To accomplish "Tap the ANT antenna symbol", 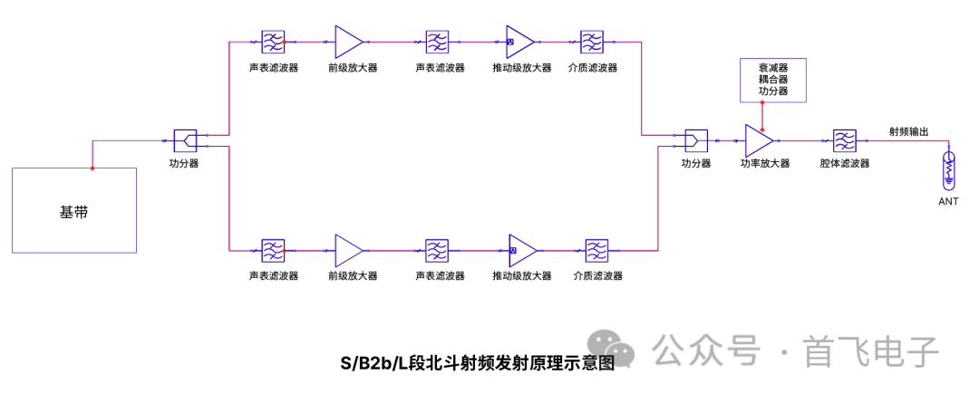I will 948,168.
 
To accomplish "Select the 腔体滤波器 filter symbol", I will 844,140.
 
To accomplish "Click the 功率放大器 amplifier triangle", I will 758,140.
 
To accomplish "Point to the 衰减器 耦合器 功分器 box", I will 772,80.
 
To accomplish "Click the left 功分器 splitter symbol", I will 185,140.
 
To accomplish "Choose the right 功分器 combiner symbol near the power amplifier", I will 695,140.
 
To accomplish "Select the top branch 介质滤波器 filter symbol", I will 592,41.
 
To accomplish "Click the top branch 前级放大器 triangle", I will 348,41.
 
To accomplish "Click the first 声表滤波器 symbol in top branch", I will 273,41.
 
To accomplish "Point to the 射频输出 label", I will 908,131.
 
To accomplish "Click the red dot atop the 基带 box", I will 92,168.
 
